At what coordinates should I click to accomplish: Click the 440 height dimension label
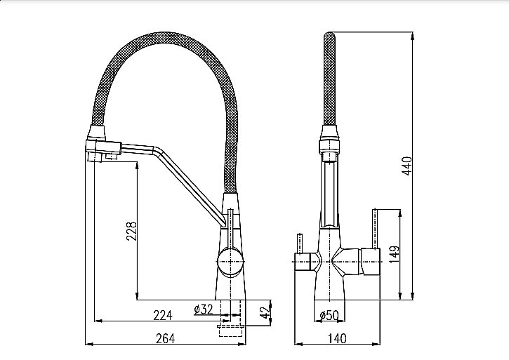(x=407, y=166)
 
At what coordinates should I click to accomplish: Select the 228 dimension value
(x=131, y=231)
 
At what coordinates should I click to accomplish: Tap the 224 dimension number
(x=163, y=315)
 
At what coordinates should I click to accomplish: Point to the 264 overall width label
(x=165, y=338)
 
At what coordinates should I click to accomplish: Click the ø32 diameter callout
(x=203, y=309)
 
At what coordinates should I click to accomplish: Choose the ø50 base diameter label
(x=329, y=314)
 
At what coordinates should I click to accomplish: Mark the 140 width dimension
(x=337, y=338)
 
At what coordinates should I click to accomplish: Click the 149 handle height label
(x=394, y=254)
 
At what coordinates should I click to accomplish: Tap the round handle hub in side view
(x=230, y=262)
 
